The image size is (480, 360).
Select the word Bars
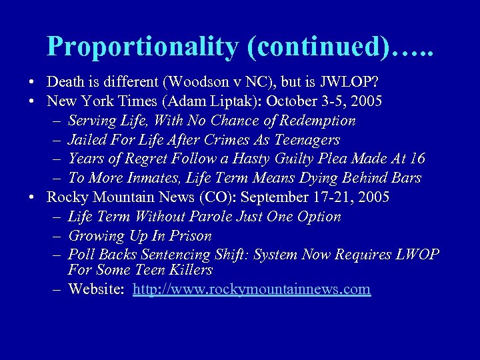click(405, 178)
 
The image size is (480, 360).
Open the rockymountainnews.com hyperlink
click(251, 289)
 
